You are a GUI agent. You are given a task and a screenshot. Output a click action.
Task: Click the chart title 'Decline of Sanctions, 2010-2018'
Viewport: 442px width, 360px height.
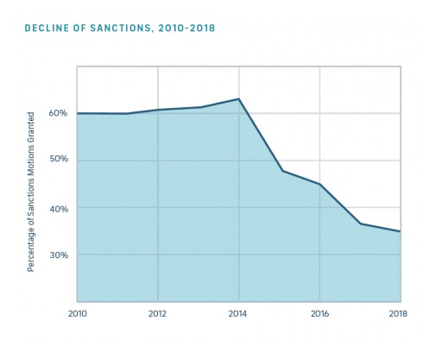point(121,28)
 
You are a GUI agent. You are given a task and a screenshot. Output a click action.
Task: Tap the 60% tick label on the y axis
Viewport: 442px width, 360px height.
point(57,113)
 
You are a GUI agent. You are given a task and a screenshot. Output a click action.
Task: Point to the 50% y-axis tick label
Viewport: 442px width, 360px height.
point(57,161)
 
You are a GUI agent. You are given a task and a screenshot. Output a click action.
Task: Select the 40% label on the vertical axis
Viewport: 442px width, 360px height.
point(57,208)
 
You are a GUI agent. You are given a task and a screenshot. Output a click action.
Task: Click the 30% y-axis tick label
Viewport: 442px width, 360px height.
point(57,256)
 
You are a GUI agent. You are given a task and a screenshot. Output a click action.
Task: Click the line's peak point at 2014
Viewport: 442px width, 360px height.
point(238,98)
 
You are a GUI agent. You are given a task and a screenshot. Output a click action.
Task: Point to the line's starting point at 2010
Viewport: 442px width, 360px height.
point(77,113)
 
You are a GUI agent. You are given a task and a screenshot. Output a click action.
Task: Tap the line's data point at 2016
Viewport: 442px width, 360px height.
point(319,184)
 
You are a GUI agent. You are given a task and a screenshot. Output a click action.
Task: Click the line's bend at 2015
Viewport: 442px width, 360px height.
point(282,171)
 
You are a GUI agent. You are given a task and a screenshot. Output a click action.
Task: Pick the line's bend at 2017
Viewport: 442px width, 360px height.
point(360,224)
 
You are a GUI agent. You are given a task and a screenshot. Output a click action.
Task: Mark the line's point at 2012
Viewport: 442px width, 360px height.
point(157,110)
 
